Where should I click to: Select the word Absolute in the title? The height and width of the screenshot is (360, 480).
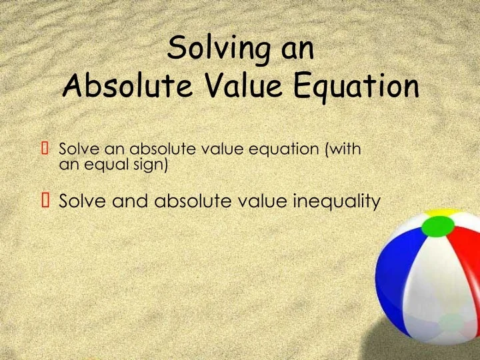(114, 87)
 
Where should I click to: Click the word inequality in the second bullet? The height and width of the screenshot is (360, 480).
(336, 199)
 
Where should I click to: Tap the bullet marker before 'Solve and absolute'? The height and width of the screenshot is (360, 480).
(45, 199)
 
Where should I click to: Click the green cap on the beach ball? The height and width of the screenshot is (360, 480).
(437, 227)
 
